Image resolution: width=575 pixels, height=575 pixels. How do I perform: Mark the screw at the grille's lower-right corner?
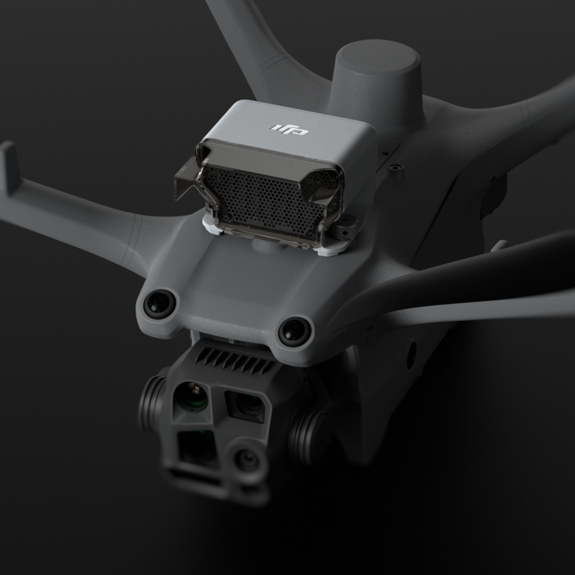pos(310,232)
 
